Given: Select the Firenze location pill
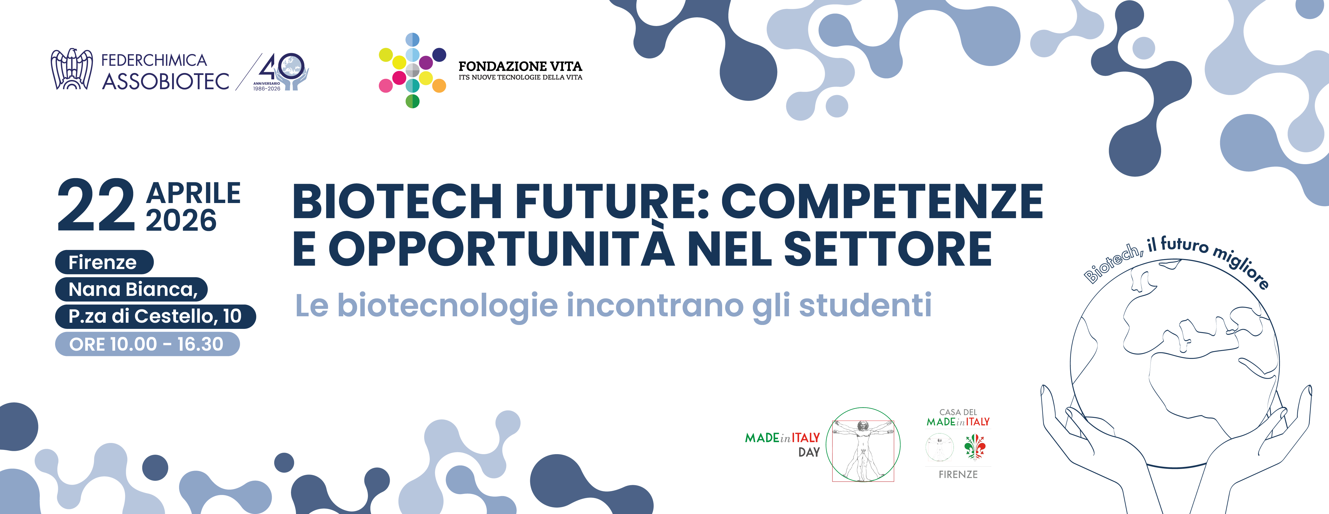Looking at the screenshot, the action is tap(104, 262).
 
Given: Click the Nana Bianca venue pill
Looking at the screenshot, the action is tap(132, 289).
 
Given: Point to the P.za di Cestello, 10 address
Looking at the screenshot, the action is tap(155, 316).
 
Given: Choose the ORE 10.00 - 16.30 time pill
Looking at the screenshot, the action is tap(147, 344).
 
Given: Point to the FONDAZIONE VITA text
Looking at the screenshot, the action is tap(520, 66).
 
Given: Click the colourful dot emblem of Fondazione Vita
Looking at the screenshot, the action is tap(412, 71).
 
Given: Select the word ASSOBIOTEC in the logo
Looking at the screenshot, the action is tap(166, 81).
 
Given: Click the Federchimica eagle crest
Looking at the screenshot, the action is tap(72, 69).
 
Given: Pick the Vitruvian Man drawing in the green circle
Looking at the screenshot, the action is tap(863, 444).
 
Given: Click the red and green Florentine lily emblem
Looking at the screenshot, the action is tap(975, 446).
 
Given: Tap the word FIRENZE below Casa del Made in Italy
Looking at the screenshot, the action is tap(958, 474).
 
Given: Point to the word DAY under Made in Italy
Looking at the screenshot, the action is tap(809, 452).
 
